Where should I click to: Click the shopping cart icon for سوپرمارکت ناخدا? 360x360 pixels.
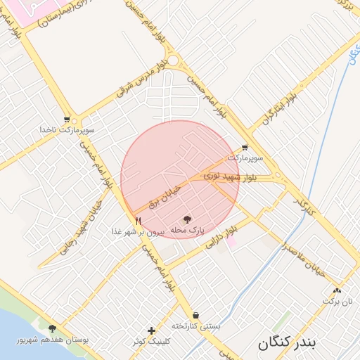coord(67,120)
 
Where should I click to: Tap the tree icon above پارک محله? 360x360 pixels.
coord(187,219)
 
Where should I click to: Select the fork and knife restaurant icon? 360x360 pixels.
coord(138,220)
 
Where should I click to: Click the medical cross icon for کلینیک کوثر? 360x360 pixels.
coord(152,330)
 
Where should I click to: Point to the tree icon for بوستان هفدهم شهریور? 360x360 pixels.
coord(52,328)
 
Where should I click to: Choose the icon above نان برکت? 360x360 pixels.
coord(337,290)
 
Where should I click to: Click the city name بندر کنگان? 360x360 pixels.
coord(288,344)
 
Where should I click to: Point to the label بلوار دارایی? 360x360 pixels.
coord(219,240)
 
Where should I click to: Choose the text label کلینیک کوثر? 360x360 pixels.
coord(152,341)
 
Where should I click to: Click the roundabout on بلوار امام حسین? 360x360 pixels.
coord(172,62)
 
